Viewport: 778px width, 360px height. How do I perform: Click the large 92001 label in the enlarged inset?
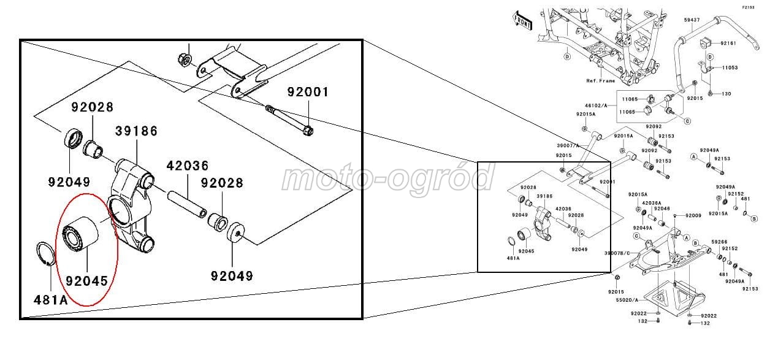click(x=308, y=93)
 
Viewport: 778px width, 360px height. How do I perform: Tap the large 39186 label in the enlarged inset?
click(x=137, y=131)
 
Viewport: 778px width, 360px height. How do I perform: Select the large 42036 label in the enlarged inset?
click(x=188, y=166)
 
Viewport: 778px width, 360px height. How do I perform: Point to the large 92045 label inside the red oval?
click(x=86, y=281)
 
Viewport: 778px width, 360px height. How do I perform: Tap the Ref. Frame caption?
click(x=600, y=80)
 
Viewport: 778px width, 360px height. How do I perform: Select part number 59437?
click(x=692, y=20)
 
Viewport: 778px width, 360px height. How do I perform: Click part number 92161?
click(x=728, y=44)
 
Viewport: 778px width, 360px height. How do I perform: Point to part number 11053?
click(x=730, y=67)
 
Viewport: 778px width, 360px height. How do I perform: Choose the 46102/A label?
click(x=596, y=105)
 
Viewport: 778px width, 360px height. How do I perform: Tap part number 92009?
click(x=693, y=215)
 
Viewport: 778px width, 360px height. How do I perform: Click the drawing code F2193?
click(x=748, y=7)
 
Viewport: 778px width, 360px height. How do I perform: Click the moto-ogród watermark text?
click(x=387, y=178)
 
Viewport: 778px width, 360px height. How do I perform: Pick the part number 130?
click(x=727, y=94)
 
